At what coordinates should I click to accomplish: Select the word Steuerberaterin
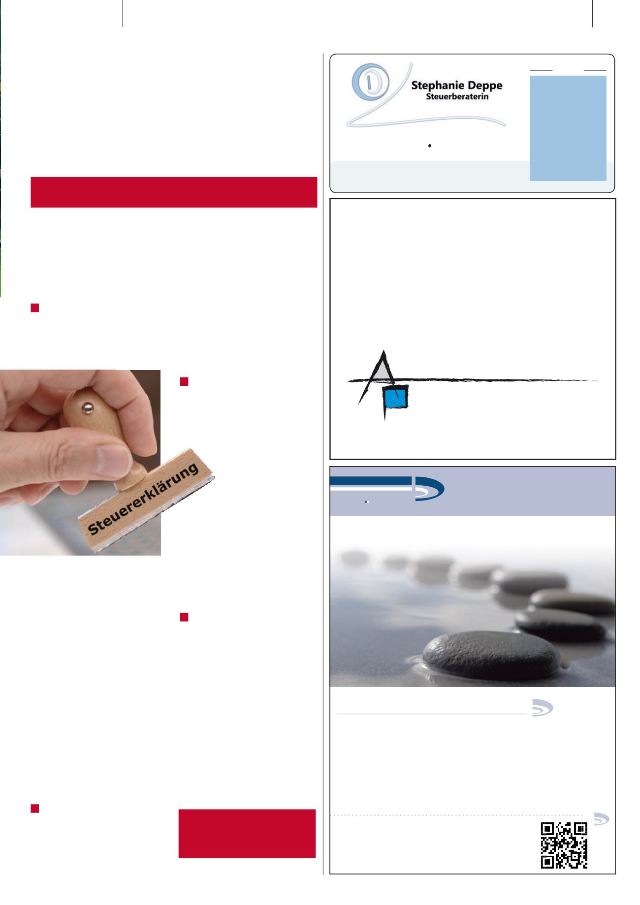tap(457, 97)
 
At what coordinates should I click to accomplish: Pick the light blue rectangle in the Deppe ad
tap(568, 128)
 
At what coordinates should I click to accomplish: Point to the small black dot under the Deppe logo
tap(430, 146)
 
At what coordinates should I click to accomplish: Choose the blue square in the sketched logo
tap(397, 397)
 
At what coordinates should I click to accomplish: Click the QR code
tap(564, 845)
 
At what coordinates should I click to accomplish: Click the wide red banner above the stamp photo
tap(174, 192)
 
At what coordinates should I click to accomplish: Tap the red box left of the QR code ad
tap(247, 834)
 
